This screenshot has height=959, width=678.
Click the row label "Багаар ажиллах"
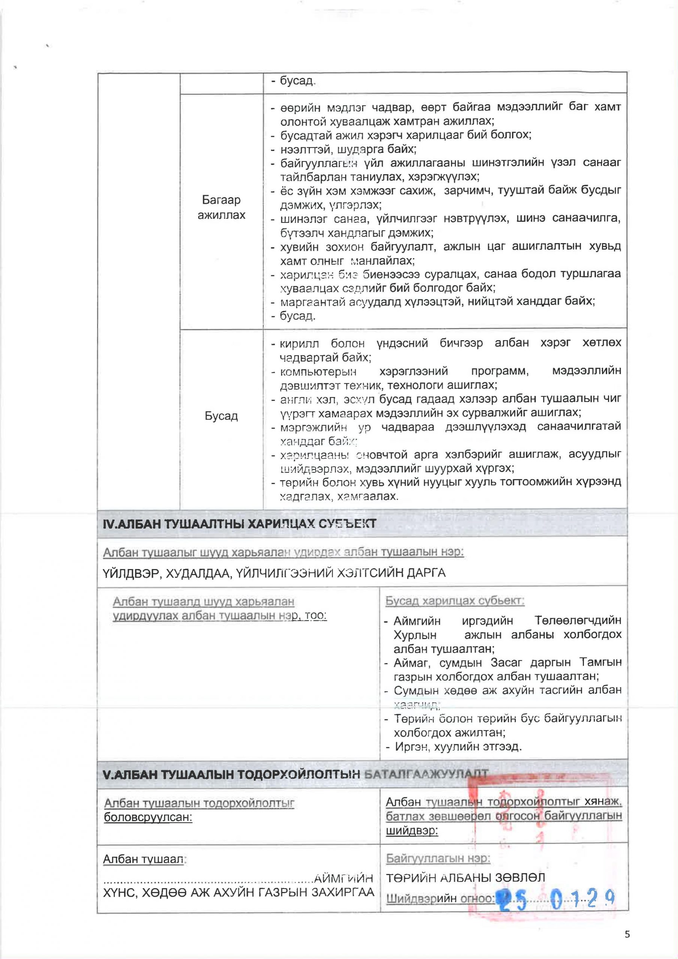(221, 207)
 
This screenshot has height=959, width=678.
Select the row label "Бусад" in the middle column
(221, 416)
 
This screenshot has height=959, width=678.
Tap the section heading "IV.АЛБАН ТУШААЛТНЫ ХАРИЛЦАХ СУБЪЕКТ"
(239, 524)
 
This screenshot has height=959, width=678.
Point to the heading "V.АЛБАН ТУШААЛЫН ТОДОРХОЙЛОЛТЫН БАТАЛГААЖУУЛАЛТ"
(295, 774)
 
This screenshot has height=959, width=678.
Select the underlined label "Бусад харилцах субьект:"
(454, 601)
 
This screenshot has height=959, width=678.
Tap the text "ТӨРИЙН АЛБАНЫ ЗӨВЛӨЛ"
(465, 878)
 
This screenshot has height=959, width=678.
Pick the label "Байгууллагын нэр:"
(438, 858)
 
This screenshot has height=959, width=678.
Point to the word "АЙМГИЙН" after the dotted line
(344, 878)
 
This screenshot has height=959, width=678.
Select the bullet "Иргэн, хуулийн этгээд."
(458, 746)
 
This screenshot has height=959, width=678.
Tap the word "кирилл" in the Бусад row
(299, 344)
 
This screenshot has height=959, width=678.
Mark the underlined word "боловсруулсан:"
(148, 817)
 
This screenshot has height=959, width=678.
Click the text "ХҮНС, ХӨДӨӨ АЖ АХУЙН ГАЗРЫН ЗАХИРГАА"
(238, 892)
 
